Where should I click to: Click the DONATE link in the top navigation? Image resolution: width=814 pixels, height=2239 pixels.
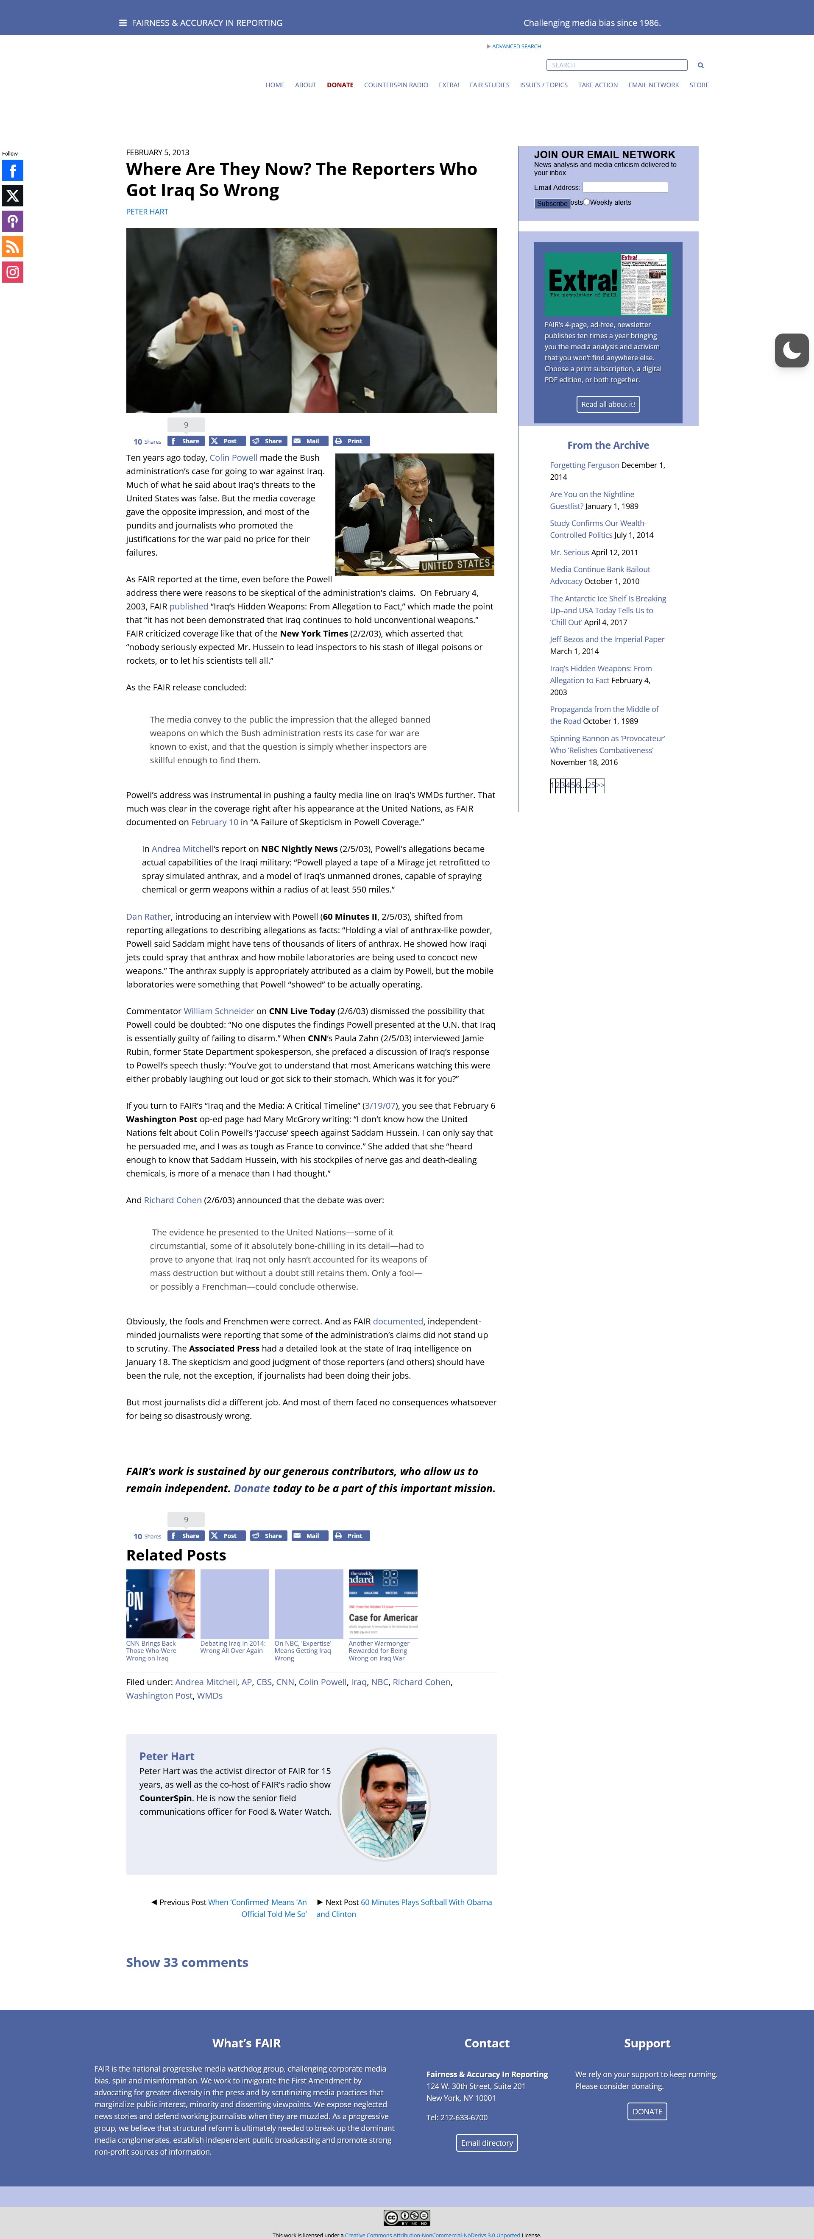[x=340, y=85]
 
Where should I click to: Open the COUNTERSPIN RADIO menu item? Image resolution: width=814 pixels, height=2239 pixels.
[x=396, y=85]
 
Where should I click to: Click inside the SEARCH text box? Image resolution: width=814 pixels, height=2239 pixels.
[x=616, y=65]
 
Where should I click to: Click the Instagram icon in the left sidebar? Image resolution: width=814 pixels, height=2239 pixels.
[x=12, y=272]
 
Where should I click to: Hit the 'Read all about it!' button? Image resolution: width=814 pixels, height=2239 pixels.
[x=608, y=404]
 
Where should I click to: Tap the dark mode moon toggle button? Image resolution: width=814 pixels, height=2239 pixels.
[x=792, y=350]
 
